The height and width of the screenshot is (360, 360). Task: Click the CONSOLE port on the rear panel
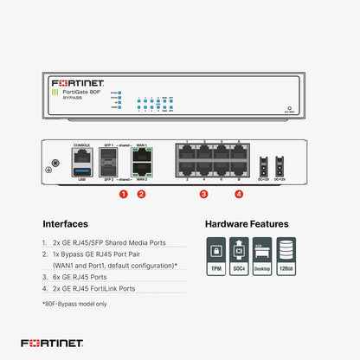82,156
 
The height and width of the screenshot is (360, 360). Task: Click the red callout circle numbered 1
124,195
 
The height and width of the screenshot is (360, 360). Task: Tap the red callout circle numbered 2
141,195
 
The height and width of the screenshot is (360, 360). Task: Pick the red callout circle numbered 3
203,195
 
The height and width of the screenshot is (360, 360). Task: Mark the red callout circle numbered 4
239,195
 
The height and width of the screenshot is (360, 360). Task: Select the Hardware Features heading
247,223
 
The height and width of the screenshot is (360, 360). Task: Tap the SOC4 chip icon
238,252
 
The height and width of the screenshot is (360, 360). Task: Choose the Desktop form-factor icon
262,252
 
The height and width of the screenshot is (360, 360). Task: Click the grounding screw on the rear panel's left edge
56,161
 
